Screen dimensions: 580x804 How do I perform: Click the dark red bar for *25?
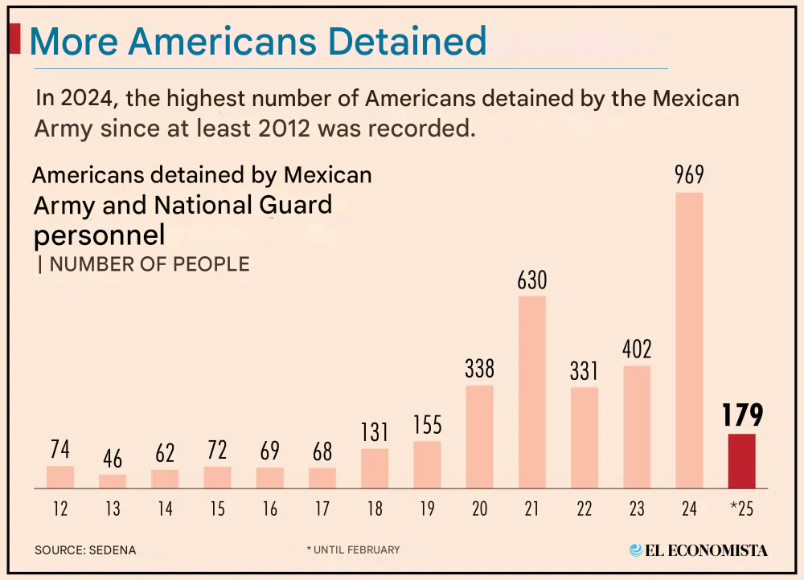[x=741, y=461]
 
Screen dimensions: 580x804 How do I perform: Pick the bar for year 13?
[x=113, y=481]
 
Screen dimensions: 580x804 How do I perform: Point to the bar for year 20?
[x=480, y=437]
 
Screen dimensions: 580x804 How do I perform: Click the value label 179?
[x=741, y=415]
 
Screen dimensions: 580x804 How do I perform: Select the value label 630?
[x=532, y=280]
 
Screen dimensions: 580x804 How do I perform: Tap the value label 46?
[x=113, y=459]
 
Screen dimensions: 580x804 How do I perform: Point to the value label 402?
[x=637, y=350]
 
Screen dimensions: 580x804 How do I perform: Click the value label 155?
[x=428, y=425]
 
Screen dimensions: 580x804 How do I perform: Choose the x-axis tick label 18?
[x=375, y=509]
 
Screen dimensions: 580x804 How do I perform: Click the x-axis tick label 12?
[x=60, y=509]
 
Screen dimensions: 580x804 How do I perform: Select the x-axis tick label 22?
[x=585, y=509]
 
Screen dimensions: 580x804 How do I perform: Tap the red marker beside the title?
[x=14, y=39]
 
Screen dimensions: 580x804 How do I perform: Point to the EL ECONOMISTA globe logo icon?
[x=637, y=550]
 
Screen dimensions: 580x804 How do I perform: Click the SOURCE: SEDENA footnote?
[x=85, y=550]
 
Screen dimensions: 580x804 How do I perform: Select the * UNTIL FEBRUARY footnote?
[x=353, y=549]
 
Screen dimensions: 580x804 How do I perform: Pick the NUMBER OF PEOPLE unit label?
[x=149, y=264]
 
